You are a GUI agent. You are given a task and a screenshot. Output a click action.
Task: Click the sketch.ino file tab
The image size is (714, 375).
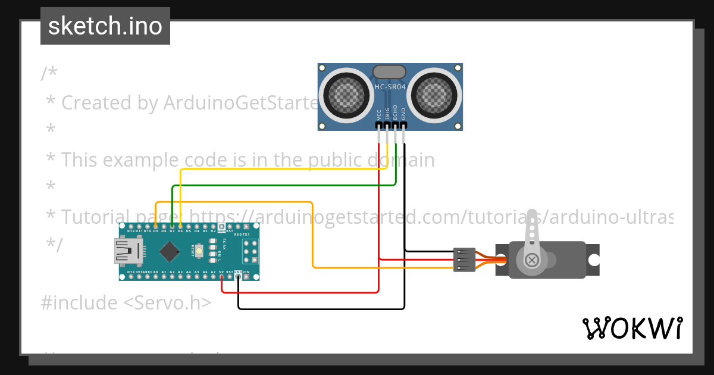click(105, 26)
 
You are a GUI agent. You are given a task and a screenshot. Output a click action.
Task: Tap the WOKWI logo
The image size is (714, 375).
click(632, 328)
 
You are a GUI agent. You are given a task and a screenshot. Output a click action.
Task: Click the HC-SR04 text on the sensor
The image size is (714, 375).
click(390, 87)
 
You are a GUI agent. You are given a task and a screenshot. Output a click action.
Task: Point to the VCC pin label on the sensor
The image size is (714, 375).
click(379, 114)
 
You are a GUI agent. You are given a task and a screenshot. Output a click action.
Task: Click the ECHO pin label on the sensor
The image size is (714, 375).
click(395, 113)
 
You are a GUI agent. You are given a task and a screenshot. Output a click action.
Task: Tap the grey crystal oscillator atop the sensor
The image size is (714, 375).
click(390, 72)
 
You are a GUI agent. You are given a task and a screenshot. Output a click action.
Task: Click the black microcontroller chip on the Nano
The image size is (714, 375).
click(170, 252)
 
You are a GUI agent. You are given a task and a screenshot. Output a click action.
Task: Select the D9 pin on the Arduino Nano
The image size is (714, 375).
click(155, 227)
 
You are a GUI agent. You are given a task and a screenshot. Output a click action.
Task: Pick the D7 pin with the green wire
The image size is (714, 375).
click(172, 227)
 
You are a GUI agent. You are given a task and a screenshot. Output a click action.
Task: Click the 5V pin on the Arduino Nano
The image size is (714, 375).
click(222, 276)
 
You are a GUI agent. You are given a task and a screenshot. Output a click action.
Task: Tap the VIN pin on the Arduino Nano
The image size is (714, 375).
click(246, 276)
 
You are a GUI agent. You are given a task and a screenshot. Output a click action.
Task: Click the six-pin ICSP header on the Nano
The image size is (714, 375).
click(250, 252)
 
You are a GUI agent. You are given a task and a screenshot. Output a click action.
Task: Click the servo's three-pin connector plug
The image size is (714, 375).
click(464, 260)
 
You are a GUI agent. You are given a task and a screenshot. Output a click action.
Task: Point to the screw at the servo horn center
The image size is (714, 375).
click(531, 260)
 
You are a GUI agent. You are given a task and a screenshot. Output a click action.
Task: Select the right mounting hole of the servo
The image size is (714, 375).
click(593, 260)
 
